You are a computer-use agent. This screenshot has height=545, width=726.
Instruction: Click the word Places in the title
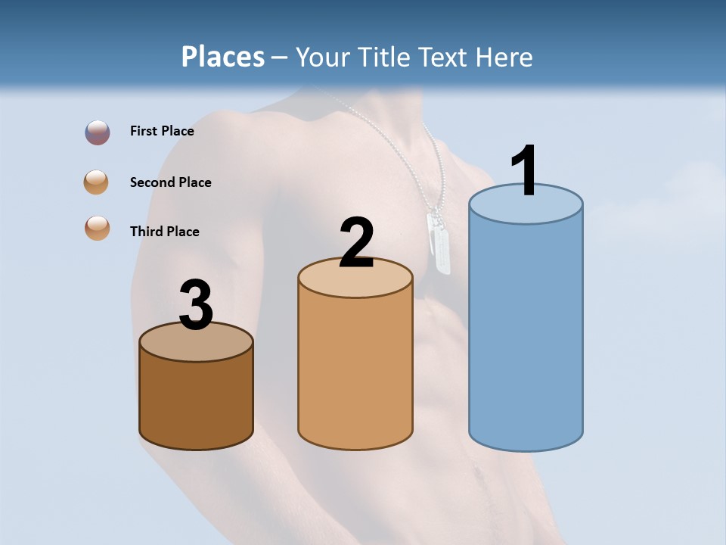(x=222, y=57)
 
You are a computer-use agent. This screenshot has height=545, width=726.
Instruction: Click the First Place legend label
(x=162, y=131)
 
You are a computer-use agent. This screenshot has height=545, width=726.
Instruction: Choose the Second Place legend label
(x=170, y=182)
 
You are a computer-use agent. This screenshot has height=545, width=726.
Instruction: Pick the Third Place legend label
(x=164, y=232)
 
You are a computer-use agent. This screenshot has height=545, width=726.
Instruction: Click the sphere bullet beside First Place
(x=98, y=132)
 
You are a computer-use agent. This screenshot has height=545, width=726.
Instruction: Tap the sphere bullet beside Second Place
(x=97, y=182)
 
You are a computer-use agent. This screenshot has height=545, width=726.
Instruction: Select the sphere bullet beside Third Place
(x=98, y=228)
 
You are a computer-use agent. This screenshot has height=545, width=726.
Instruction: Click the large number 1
(x=525, y=171)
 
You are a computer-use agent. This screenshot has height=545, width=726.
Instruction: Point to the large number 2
(x=356, y=243)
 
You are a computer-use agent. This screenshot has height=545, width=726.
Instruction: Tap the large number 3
(x=197, y=306)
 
